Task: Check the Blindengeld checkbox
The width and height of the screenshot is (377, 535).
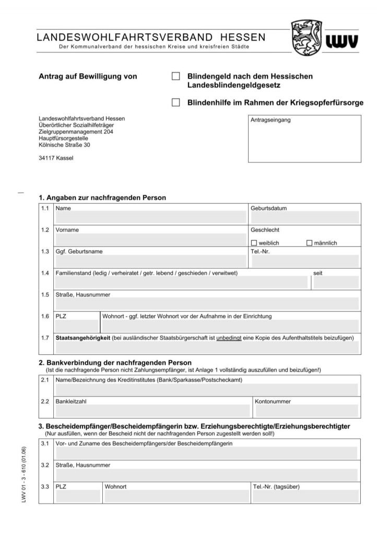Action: click(176, 76)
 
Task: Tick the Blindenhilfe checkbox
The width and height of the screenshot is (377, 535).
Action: click(176, 102)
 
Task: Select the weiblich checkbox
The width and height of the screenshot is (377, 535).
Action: click(254, 243)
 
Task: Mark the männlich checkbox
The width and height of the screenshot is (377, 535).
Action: click(309, 243)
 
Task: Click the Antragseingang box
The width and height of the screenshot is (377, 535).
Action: click(304, 139)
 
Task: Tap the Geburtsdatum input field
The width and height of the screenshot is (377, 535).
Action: click(304, 217)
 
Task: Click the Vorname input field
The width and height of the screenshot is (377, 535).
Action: click(150, 239)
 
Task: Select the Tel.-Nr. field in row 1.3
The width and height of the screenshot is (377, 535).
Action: click(304, 261)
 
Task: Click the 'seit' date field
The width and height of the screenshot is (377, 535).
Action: click(336, 283)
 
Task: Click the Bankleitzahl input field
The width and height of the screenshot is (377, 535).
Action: click(152, 411)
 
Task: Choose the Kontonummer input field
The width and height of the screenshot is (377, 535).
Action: click(306, 411)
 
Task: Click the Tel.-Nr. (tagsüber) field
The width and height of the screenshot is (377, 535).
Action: click(305, 496)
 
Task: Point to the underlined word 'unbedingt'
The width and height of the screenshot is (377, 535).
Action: click(229, 338)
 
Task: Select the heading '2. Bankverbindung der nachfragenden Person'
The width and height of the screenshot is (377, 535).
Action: click(115, 363)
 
